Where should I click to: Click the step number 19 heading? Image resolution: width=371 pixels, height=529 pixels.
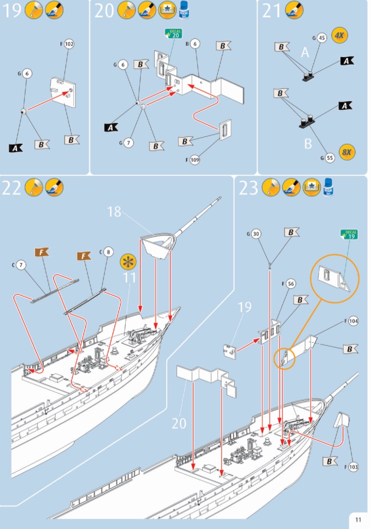12,10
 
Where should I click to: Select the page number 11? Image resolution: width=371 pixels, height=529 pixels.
358,520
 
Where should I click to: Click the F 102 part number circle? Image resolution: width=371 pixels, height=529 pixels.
70,44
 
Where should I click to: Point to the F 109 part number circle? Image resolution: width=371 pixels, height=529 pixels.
195,160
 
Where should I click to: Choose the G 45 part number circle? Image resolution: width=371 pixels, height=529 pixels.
322,38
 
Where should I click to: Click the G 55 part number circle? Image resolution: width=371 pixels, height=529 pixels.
330,158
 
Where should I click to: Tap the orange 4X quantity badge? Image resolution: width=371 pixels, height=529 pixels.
339,35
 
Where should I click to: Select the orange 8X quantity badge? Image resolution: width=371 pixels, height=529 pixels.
347,152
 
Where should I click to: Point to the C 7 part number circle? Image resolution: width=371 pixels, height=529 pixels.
21,265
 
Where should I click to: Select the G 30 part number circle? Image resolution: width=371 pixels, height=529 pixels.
256,234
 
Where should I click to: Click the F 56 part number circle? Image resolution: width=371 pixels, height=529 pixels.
290,284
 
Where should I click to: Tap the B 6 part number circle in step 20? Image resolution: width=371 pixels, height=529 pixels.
195,44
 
